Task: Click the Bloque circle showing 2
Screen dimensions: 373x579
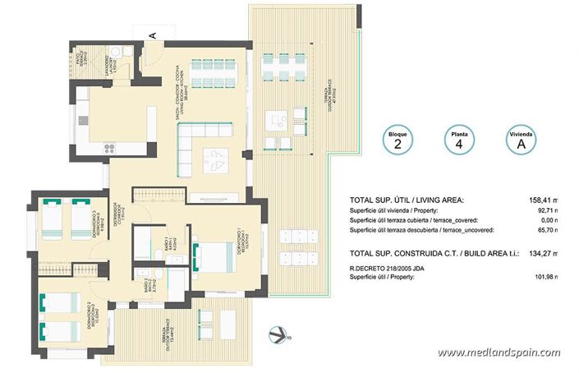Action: click(398, 140)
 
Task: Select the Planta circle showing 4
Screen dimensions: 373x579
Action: click(457, 140)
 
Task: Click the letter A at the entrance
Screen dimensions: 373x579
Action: click(152, 35)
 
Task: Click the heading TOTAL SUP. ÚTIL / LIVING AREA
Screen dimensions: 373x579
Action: click(407, 200)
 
